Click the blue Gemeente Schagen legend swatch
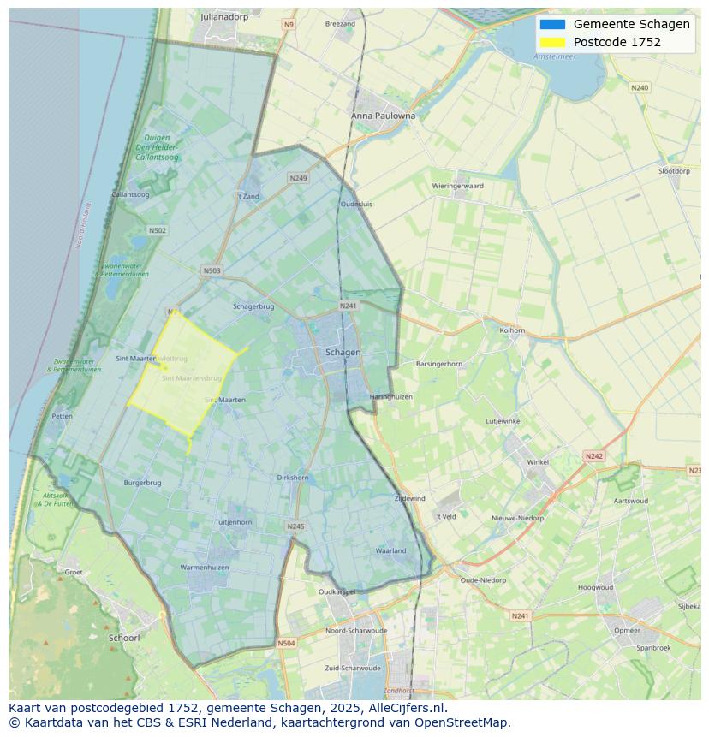click(x=552, y=24)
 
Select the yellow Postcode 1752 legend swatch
click(x=552, y=42)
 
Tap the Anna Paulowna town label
click(x=383, y=116)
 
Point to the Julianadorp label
click(x=223, y=16)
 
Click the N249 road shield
click(x=298, y=178)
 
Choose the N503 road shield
click(x=212, y=270)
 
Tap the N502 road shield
click(x=157, y=230)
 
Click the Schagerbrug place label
click(x=253, y=306)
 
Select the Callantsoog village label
click(x=130, y=195)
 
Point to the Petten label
click(x=62, y=416)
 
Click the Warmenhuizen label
click(x=204, y=568)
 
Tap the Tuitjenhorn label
click(x=233, y=522)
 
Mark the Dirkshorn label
click(x=293, y=478)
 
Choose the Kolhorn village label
click(x=512, y=330)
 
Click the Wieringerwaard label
click(x=457, y=186)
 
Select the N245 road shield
click(x=295, y=526)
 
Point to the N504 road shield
click(x=286, y=643)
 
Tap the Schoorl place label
click(x=124, y=638)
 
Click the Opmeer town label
click(x=627, y=630)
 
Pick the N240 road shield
click(x=640, y=88)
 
